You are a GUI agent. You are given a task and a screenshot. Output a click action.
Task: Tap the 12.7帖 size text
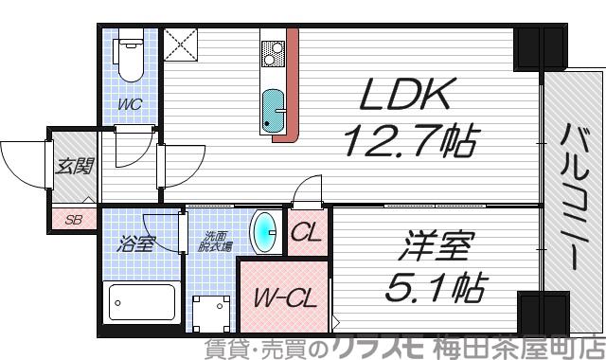coord(407,142)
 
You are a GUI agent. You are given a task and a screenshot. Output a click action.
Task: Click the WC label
coord(131,104)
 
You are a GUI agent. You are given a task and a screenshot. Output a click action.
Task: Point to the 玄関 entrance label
coord(74,169)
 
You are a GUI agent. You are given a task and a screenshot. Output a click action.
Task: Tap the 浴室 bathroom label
coord(134,243)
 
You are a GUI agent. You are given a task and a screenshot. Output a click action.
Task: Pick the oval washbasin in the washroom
coord(264,229)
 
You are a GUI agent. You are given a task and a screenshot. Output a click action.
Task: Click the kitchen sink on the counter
coord(272,110)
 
